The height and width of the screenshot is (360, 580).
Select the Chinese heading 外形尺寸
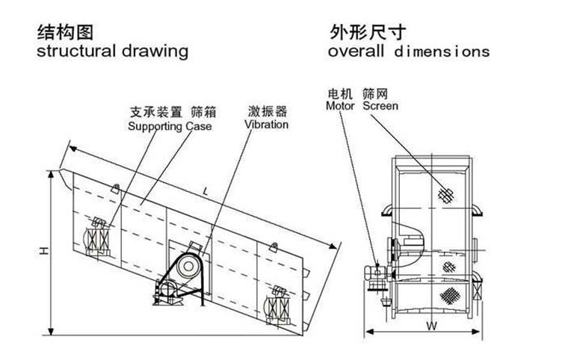pos(362,32)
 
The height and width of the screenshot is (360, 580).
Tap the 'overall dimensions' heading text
pos(408,52)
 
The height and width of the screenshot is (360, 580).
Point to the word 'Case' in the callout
pos(198,126)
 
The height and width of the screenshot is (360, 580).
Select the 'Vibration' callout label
pos(266,125)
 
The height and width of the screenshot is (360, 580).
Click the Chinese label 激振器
pos(267,112)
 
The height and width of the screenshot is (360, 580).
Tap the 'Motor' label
pos(340,106)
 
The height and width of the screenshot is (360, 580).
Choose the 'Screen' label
pos(380,106)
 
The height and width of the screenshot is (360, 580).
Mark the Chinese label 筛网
pos(375,94)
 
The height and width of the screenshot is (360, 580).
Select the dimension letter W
pos(431,326)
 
